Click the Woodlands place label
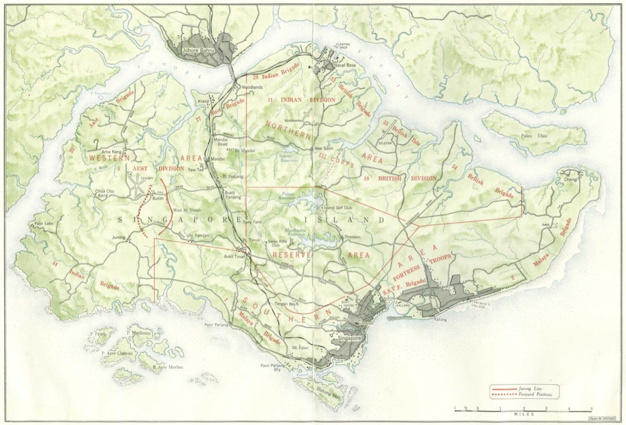252,87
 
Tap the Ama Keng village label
112,151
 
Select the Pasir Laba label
44,223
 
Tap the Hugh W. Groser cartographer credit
602,418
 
